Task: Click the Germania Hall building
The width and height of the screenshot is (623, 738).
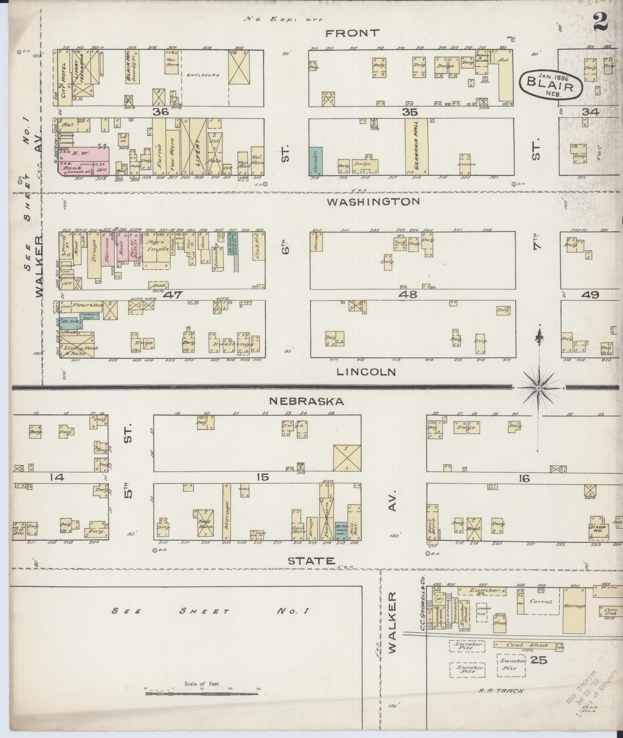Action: pos(416,146)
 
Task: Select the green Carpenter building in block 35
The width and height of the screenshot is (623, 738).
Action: pos(316,161)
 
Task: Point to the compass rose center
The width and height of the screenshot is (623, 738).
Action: pos(538,388)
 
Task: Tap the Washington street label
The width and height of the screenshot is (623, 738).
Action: pos(373,201)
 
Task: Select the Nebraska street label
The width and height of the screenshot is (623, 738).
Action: pos(306,401)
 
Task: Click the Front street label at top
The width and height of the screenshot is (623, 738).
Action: pos(353,33)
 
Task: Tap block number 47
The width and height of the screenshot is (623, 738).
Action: pos(173,295)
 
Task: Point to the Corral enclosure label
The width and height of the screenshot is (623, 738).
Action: pos(540,602)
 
